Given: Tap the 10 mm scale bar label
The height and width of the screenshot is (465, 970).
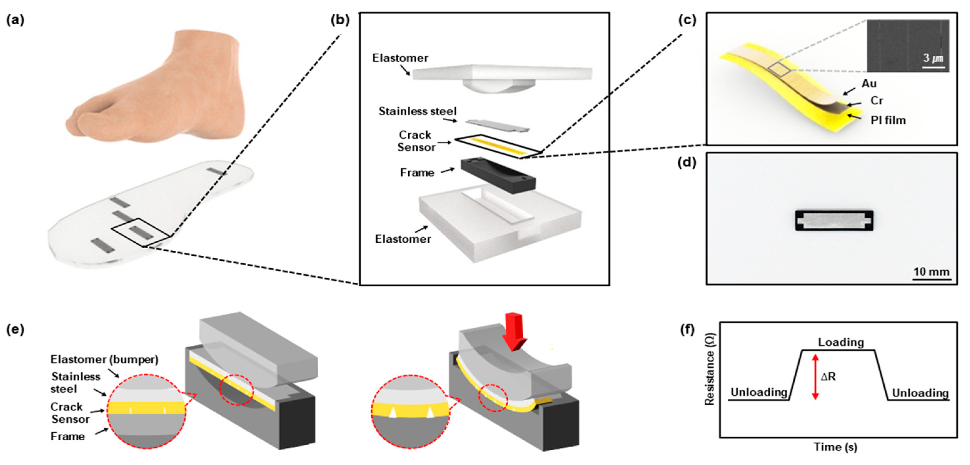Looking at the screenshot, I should click(931, 272).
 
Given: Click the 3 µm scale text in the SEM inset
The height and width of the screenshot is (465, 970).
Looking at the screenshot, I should click(933, 58).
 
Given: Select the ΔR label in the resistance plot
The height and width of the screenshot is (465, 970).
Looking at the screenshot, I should click(828, 376).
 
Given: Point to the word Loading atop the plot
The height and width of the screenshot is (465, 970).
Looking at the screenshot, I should click(841, 342).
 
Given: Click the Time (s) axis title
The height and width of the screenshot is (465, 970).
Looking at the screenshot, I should click(835, 447).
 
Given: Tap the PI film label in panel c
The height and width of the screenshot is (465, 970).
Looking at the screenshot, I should click(888, 121).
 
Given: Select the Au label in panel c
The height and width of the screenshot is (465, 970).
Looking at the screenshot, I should click(869, 83).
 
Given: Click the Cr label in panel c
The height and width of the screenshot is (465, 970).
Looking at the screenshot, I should click(877, 101).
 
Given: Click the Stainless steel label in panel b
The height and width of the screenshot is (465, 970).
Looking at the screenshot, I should click(417, 111).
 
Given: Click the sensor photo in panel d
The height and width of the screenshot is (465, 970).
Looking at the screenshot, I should click(834, 220).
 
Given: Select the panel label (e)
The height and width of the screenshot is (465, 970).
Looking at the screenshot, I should click(15, 329).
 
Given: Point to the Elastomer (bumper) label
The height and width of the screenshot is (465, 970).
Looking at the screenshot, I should click(104, 359).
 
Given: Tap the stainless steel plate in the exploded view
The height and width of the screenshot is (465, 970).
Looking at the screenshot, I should click(497, 126).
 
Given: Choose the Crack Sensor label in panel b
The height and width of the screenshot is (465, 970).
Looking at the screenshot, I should click(416, 141).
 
